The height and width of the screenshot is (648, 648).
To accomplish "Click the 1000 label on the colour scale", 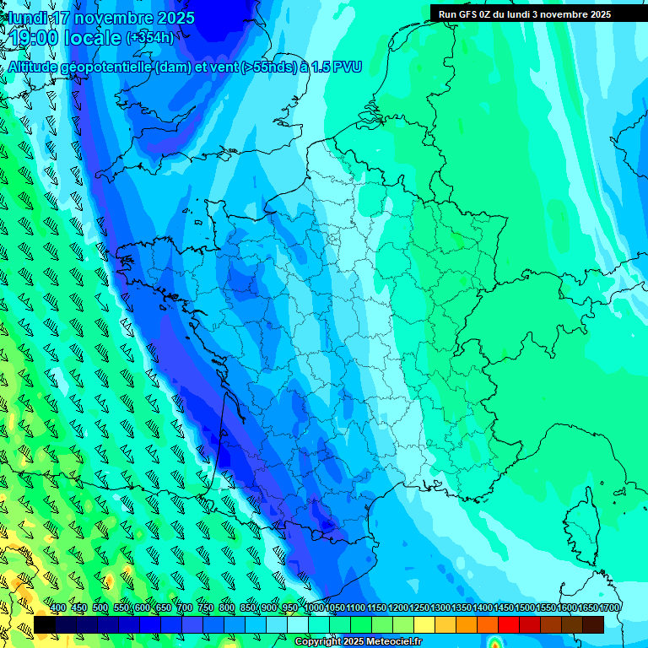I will click(314, 607).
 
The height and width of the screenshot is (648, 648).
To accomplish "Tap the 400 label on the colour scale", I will click(58, 607).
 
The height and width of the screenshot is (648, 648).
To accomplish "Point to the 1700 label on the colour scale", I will click(609, 607).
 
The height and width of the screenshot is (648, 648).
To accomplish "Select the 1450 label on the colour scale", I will click(504, 607).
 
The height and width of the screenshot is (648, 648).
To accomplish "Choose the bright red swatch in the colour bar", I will click(509, 624).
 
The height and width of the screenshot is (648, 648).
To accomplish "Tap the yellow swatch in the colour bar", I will click(424, 624).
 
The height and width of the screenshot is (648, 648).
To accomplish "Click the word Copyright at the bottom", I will click(316, 642).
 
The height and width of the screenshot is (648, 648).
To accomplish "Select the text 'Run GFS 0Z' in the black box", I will click(465, 14).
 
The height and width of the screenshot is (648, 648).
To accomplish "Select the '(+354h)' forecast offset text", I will click(150, 38).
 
